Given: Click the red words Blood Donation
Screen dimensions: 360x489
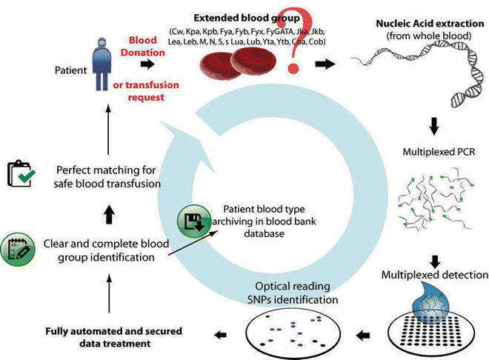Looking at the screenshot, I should [150, 47].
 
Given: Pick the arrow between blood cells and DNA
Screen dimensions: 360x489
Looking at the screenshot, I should [323, 64].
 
